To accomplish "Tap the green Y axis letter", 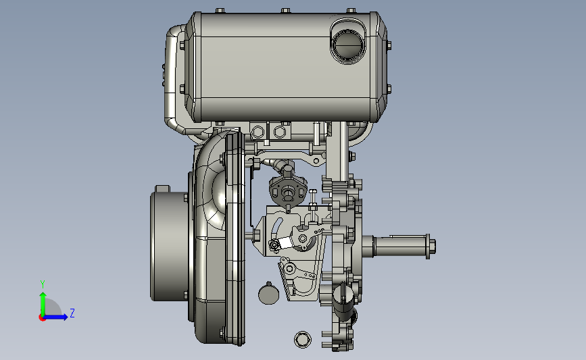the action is click(x=43, y=284).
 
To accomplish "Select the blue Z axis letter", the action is click(x=72, y=313).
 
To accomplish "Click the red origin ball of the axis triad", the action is click(x=42, y=317).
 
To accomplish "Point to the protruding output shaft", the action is click(x=399, y=246).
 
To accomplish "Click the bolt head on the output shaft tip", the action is click(x=431, y=246).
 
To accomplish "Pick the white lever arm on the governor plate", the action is click(x=285, y=242).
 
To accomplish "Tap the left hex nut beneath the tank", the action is click(x=258, y=132).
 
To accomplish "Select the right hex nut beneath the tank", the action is click(x=280, y=132).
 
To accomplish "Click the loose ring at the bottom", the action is click(x=303, y=340).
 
